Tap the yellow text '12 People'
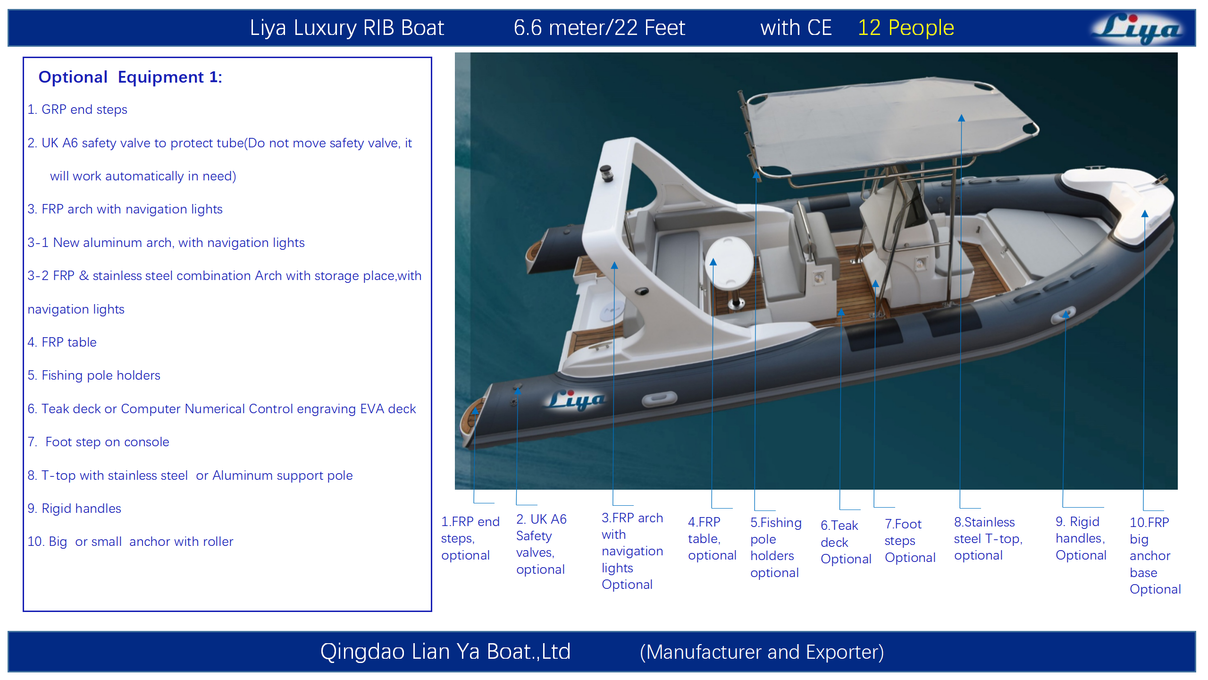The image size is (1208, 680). point(906,28)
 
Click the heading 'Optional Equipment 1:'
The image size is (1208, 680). point(130,77)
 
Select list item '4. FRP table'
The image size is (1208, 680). point(62,342)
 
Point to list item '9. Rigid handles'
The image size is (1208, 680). point(74,508)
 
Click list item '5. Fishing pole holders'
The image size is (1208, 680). point(94,375)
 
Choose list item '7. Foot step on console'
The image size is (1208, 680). point(98,442)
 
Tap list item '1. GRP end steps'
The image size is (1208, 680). point(77,110)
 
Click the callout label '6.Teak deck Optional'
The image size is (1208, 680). point(846,542)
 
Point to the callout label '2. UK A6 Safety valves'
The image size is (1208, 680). point(541,544)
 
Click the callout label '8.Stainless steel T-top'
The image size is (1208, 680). point(988,539)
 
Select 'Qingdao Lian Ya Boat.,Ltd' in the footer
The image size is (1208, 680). point(445,652)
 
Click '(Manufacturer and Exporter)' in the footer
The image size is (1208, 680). point(762,652)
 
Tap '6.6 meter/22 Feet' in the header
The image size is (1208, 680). point(599,28)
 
